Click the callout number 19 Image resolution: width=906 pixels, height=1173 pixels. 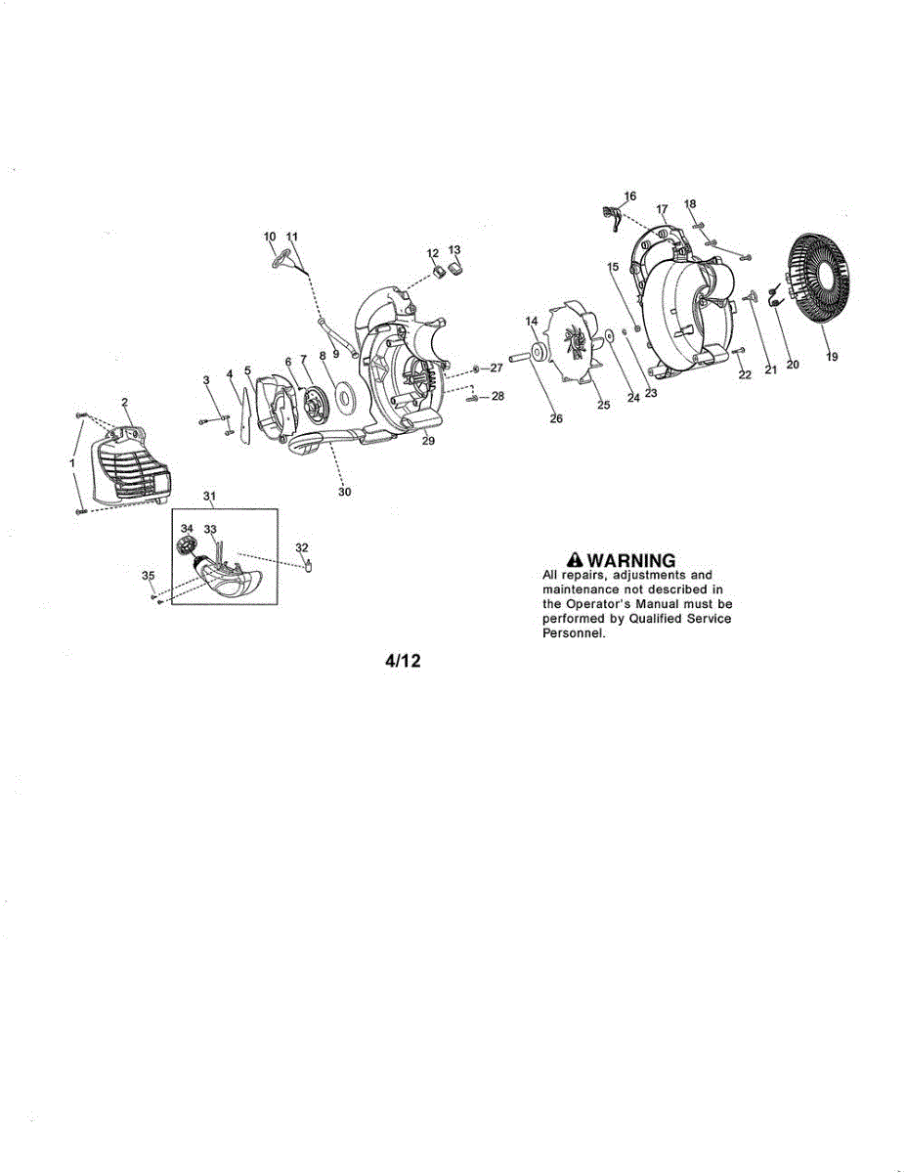(832, 358)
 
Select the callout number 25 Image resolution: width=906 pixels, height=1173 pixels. (603, 405)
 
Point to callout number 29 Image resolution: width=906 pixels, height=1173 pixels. (427, 442)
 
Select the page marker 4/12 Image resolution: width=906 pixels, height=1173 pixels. (402, 662)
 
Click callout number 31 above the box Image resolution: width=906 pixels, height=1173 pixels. (209, 497)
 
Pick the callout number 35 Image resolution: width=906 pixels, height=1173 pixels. (149, 575)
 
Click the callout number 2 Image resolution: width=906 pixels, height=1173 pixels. (125, 402)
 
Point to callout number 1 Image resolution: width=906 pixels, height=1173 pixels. (71, 460)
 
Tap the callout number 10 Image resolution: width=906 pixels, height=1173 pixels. (270, 237)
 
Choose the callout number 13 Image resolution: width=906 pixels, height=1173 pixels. (454, 250)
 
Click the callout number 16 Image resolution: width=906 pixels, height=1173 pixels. (629, 196)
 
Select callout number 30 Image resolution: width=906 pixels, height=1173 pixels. (344, 492)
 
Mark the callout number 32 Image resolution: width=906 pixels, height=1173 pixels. (301, 547)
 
